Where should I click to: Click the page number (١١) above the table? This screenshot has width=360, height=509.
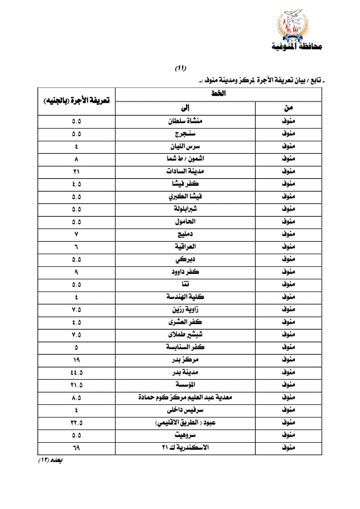click(181, 68)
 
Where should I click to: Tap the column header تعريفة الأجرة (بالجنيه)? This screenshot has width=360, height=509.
click(76, 101)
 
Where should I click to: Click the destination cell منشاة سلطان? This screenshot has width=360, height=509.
click(185, 121)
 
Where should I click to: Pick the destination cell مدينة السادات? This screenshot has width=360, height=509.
click(185, 171)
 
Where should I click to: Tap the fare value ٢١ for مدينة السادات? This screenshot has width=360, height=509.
click(76, 171)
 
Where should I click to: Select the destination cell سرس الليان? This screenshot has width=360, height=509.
click(185, 146)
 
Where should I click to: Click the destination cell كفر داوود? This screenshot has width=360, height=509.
click(185, 272)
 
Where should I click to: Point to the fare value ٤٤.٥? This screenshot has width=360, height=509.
click(76, 372)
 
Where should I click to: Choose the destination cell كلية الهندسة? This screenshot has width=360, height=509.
click(185, 297)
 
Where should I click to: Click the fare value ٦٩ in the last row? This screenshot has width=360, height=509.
click(76, 447)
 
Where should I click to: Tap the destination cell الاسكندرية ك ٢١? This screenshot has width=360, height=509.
click(185, 447)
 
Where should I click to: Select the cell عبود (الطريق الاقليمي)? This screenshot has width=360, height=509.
click(185, 422)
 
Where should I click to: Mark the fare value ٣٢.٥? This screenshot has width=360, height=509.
click(76, 422)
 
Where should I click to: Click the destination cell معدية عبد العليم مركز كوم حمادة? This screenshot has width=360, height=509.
click(185, 397)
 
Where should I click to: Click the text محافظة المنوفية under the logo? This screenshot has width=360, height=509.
click(296, 47)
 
